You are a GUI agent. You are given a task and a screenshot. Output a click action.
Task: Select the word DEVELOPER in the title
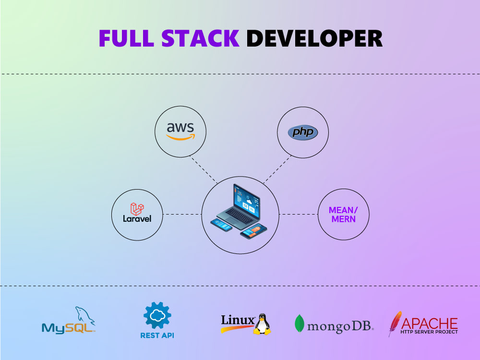[314, 38]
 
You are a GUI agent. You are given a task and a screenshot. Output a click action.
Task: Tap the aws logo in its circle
[180, 131]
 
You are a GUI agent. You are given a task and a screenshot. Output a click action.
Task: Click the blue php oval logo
[302, 132]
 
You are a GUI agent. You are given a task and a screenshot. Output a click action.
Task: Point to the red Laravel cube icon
[137, 208]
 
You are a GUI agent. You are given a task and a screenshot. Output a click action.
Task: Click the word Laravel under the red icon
[137, 219]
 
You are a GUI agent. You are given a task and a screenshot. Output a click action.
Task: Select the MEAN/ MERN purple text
[343, 214]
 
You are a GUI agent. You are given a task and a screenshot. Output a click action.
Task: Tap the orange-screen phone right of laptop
[253, 231]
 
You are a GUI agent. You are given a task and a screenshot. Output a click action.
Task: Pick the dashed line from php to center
[277, 169]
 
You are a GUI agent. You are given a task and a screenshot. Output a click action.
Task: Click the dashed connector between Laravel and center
[182, 214]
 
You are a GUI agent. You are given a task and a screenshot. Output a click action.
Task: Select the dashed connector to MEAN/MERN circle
[299, 214]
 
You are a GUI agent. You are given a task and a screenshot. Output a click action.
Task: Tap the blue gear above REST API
[157, 315]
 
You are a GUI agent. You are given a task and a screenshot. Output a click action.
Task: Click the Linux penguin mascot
[262, 324]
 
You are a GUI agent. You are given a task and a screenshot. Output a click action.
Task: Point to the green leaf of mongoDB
[300, 324]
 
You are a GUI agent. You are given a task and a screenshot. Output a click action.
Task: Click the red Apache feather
[395, 323]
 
